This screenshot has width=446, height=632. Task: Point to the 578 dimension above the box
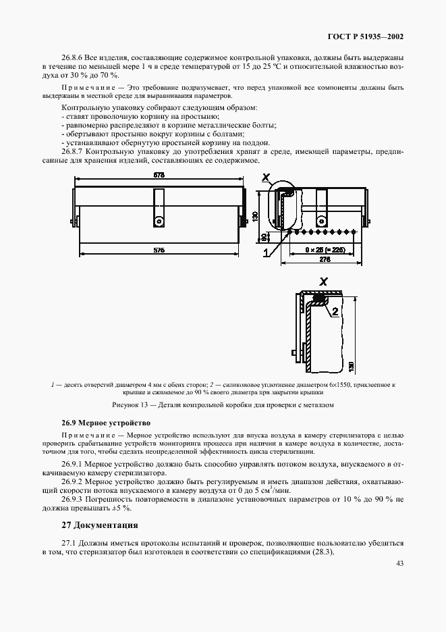pos(159,176)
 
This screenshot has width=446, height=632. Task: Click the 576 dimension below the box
pos(159,251)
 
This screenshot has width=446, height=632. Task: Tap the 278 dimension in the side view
pos(324,259)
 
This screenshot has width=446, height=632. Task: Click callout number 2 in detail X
pos(334,311)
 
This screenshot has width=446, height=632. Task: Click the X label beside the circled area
pos(266,179)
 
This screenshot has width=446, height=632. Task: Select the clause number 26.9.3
pos(73,498)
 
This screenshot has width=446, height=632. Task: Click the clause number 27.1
pos(69,543)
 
